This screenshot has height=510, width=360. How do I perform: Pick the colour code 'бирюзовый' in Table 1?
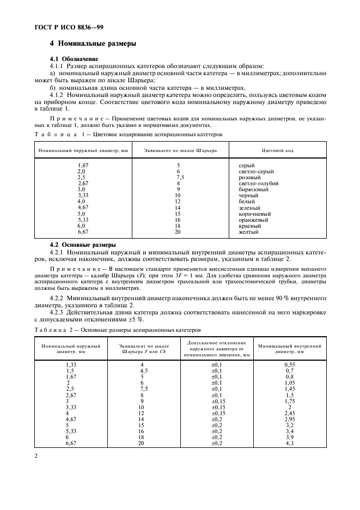point(253,190)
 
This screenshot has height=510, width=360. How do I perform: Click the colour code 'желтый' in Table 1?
point(248,232)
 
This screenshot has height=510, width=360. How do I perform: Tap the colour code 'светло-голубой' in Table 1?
point(258,184)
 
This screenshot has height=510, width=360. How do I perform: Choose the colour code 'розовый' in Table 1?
point(250,178)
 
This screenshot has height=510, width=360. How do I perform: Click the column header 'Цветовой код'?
point(278,150)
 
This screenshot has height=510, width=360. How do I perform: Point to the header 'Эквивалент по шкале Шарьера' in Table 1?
point(180,150)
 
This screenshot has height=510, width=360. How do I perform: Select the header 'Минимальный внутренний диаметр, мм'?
point(289,349)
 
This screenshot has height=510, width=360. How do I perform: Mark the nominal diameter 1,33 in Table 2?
point(71,364)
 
